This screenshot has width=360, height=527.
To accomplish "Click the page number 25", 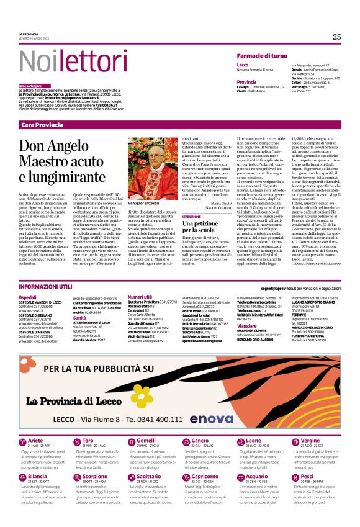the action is [x=336, y=37].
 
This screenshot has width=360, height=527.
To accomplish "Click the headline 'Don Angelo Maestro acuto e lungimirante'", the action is [x=57, y=161].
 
